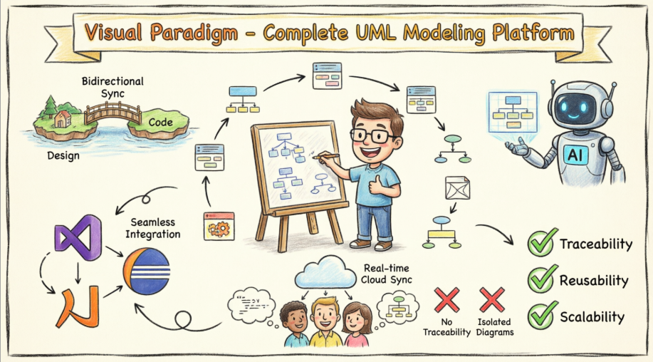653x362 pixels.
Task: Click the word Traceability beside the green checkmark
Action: tap(595, 244)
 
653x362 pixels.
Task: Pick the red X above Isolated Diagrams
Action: tap(491, 300)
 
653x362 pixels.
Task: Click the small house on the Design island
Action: tap(63, 119)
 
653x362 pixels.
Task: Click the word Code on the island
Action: tap(161, 123)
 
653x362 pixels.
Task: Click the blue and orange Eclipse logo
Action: tap(146, 269)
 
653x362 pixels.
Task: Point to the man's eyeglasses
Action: tap(373, 135)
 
